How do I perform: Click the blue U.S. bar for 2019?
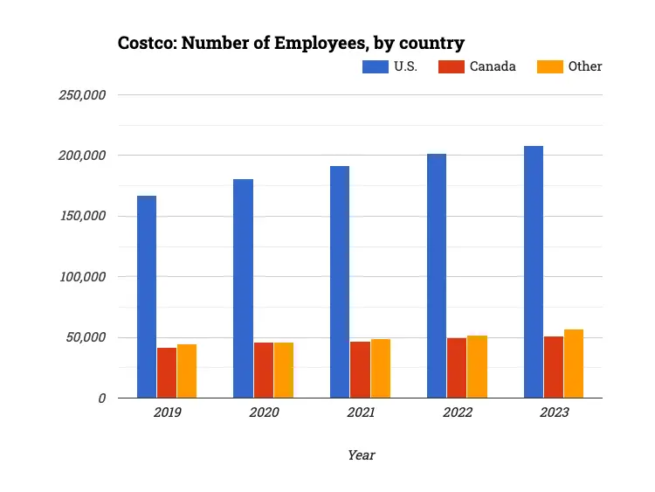point(147,297)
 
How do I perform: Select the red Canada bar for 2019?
point(167,373)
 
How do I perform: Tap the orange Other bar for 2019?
point(187,371)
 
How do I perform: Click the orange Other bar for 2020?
point(284,371)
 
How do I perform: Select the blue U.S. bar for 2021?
point(340,282)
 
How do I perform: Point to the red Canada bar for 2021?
point(360,370)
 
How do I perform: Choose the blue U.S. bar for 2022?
point(437,276)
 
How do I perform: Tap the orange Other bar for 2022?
point(477,367)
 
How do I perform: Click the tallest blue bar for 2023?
point(534,272)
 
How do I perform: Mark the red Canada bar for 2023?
point(554,367)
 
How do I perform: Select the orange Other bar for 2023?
point(574,364)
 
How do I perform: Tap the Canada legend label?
point(493,66)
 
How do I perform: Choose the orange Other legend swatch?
point(550,66)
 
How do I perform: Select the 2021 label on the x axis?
point(360,412)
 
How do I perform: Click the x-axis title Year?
point(361,455)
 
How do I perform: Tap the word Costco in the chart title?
point(146,43)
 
